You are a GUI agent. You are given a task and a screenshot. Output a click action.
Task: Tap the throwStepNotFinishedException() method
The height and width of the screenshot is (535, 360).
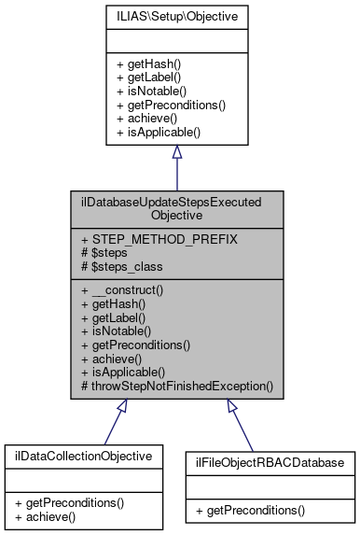[x=177, y=385]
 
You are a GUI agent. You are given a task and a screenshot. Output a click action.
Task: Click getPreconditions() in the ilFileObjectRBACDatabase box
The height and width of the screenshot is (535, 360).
[x=264, y=511]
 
